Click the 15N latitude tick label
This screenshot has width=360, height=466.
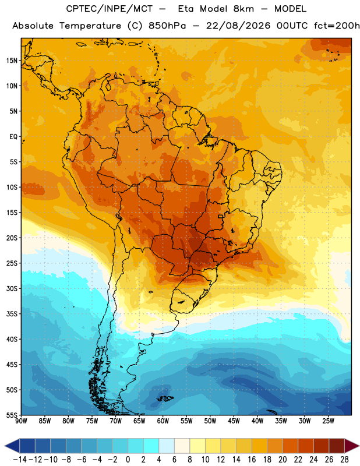tap(12, 61)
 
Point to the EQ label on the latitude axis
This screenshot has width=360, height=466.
tap(13, 137)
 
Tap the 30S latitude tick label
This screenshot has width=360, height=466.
tap(12, 288)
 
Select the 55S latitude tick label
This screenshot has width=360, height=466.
tap(12, 415)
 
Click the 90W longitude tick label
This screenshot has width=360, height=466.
tap(21, 421)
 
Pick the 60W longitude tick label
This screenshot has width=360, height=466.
tap(163, 421)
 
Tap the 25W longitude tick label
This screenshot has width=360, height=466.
tap(328, 421)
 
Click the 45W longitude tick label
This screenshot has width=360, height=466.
tap(234, 421)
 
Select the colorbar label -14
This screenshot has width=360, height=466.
tap(20, 460)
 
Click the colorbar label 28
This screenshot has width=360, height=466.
tap(344, 460)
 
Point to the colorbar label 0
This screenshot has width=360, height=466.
tap(128, 460)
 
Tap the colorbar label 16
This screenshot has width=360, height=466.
tap(252, 460)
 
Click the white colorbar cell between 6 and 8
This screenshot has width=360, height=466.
tap(182, 446)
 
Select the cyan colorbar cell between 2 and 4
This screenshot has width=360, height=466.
tap(151, 446)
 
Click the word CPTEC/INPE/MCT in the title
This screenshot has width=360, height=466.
tap(110, 9)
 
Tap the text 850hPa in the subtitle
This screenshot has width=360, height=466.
tap(167, 26)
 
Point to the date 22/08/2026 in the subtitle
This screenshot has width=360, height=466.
tap(238, 26)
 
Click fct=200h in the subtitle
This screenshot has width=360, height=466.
tap(337, 26)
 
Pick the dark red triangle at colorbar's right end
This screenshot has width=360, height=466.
tap(351, 446)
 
